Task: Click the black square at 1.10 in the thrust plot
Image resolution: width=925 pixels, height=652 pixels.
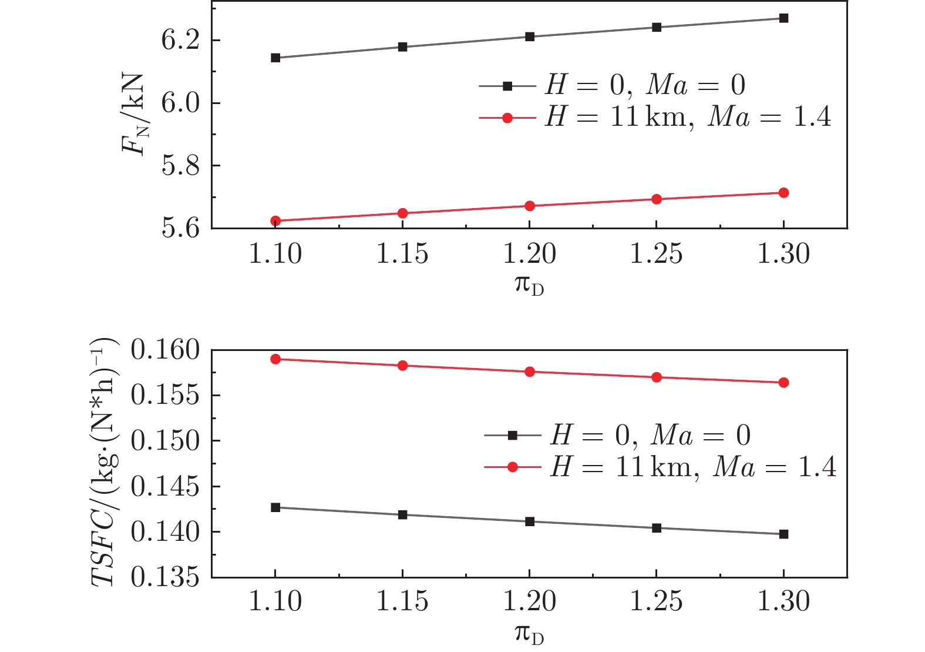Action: tap(275, 58)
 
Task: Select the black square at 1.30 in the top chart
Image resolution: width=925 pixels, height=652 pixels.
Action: tap(783, 18)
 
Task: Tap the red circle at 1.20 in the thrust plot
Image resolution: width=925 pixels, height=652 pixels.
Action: tap(530, 206)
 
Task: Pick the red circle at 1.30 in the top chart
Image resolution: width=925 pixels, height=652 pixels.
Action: tap(783, 193)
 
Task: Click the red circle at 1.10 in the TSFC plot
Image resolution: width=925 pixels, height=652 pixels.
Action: tap(275, 359)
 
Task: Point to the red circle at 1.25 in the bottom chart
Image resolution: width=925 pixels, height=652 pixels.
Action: tap(657, 377)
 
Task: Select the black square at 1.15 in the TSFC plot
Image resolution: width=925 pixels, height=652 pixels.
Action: tap(403, 515)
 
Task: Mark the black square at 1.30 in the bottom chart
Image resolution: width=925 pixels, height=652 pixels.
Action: tap(783, 534)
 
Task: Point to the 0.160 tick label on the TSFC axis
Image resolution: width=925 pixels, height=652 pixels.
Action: tap(166, 350)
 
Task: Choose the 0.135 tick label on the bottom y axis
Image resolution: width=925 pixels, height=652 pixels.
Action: tap(166, 578)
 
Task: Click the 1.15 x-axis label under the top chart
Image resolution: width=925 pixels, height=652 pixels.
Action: tap(403, 254)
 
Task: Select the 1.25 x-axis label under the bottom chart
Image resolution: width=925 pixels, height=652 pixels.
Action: tap(657, 601)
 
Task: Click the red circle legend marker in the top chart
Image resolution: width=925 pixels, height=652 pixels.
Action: tap(508, 118)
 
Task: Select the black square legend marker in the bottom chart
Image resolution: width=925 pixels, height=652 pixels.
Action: tap(513, 436)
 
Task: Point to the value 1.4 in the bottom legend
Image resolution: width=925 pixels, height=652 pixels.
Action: tap(817, 467)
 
